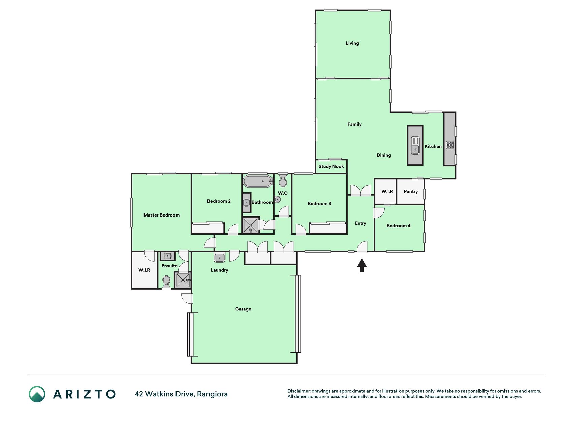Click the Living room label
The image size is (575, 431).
[x=352, y=43]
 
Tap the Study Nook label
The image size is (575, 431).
[x=331, y=166]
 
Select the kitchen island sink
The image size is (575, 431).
[x=415, y=145]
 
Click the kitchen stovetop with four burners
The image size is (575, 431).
[x=450, y=145]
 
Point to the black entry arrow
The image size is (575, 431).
[x=362, y=265]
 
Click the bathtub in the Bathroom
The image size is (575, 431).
[x=258, y=181]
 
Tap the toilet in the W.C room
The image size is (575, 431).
[x=283, y=180]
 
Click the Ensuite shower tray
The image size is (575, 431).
[x=183, y=280]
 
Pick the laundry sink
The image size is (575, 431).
[x=219, y=258]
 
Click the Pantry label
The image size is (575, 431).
[x=411, y=191]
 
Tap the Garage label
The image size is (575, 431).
[x=243, y=309]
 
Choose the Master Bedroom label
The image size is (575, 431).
[x=161, y=215]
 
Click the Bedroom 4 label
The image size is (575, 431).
[x=398, y=226]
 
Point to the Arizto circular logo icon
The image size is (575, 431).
[x=37, y=394]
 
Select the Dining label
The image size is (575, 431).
[x=384, y=155]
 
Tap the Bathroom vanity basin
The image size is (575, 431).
[x=247, y=203]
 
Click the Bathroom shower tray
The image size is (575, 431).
[x=251, y=225]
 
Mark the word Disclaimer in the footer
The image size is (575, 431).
[x=299, y=391]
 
